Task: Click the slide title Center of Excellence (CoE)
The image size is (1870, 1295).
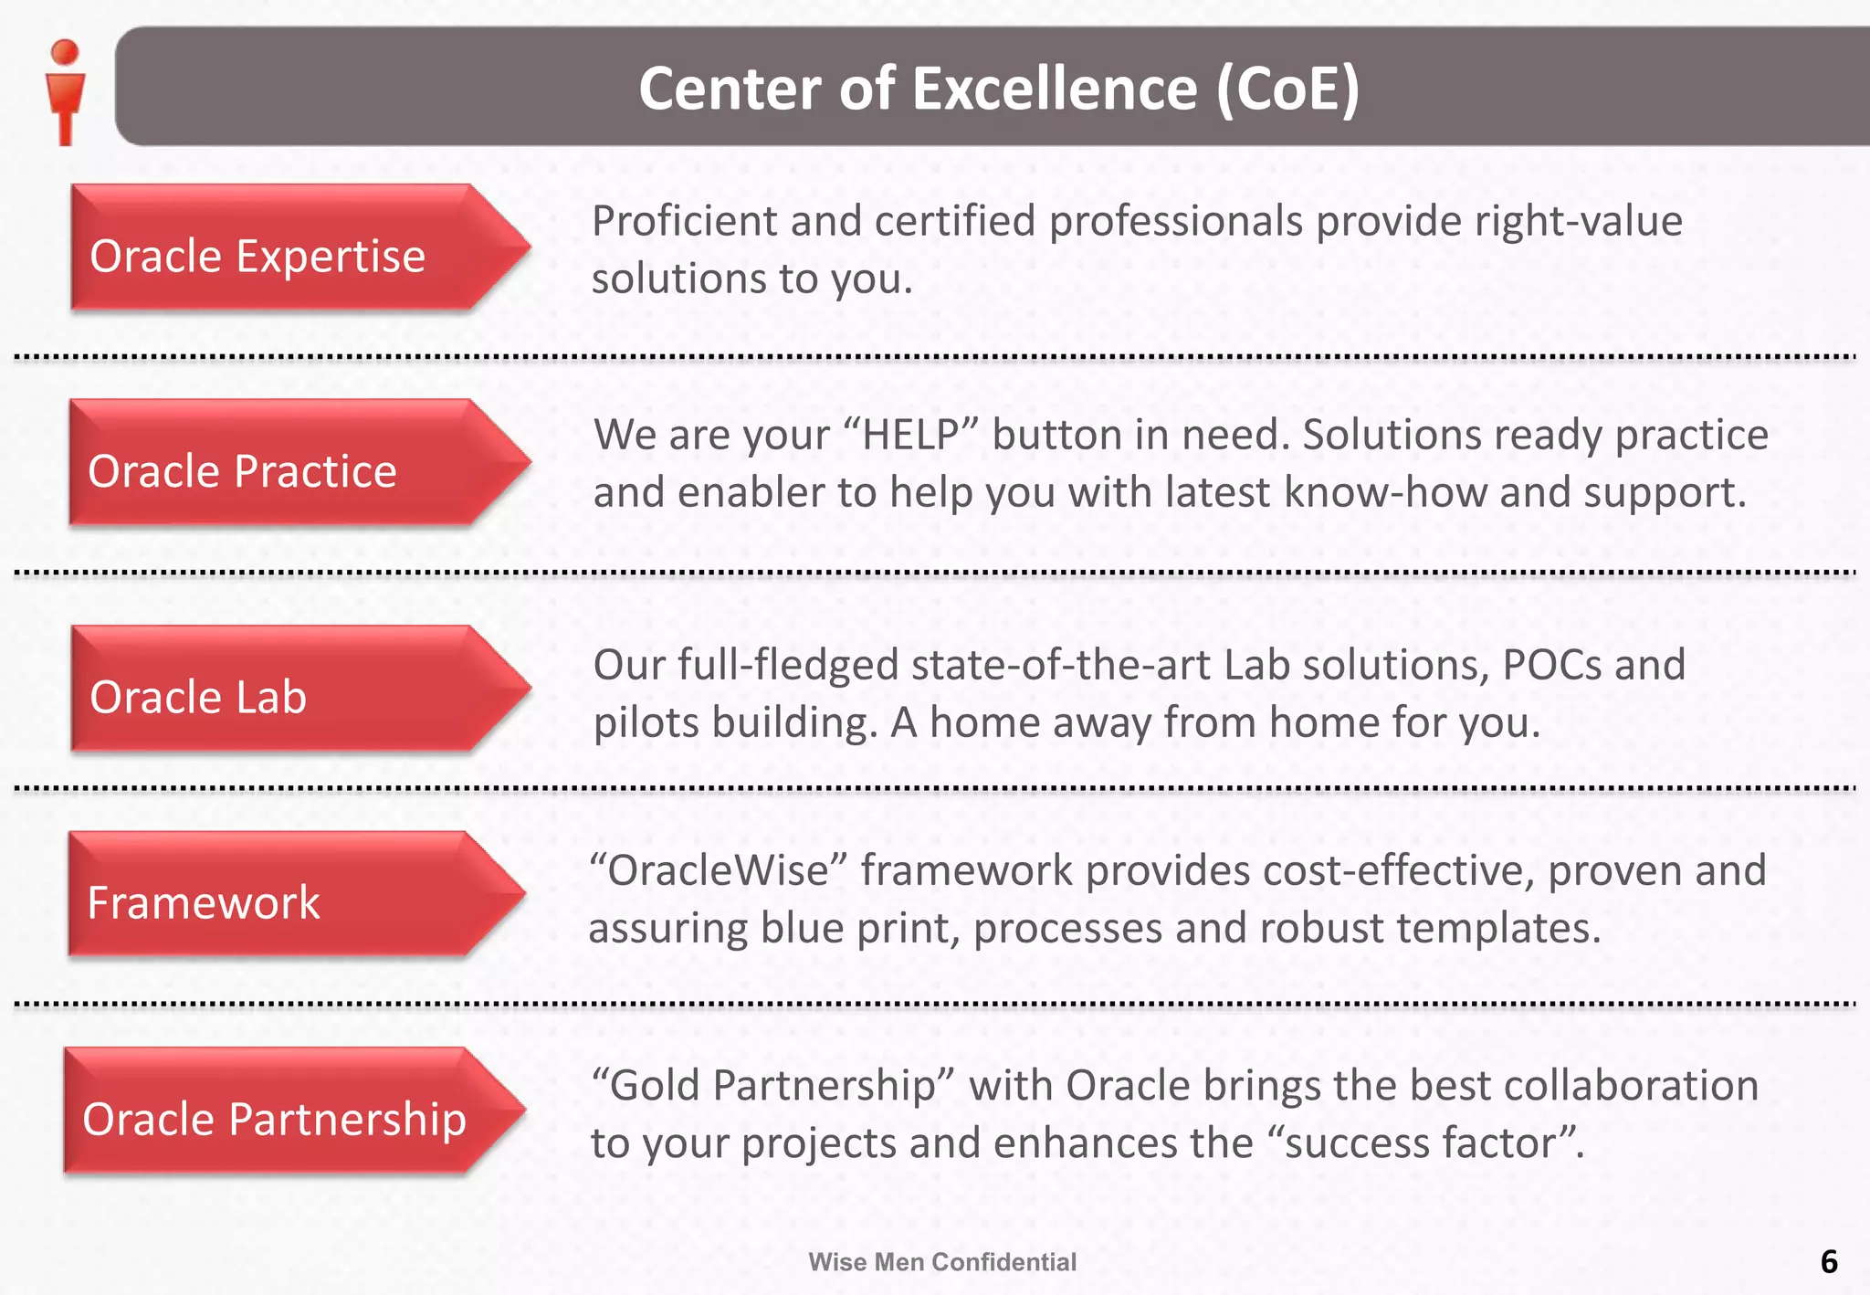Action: (999, 89)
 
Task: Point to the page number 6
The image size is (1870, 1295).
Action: (1828, 1261)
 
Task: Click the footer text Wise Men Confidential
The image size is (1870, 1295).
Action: (942, 1262)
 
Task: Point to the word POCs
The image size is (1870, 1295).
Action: (1551, 665)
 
